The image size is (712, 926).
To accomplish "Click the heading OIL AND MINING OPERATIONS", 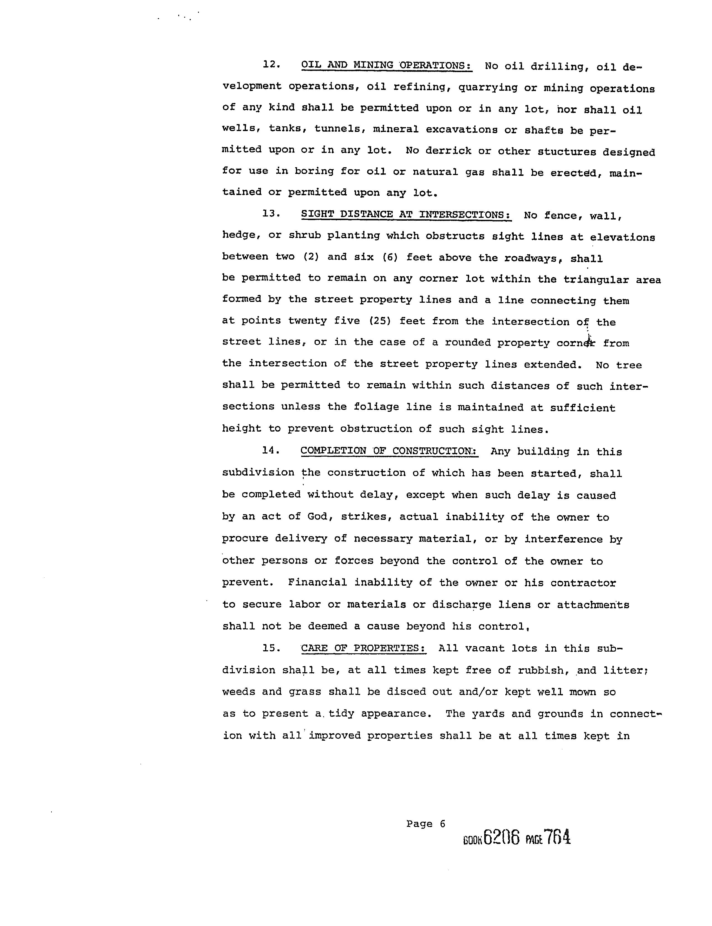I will [x=387, y=66].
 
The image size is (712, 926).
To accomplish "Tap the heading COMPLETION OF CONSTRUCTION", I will [x=389, y=451].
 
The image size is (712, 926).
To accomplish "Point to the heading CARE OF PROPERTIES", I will [x=363, y=648].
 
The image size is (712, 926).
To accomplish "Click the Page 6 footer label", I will [x=426, y=824].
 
